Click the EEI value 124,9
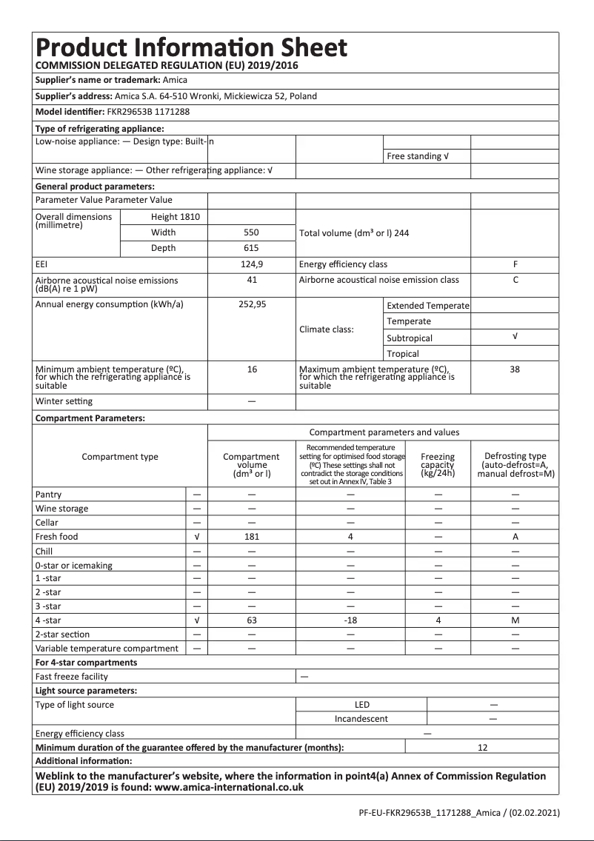click(x=252, y=264)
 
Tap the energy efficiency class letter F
click(x=515, y=264)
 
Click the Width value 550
click(x=252, y=232)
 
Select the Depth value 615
click(x=252, y=248)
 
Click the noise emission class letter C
click(x=515, y=280)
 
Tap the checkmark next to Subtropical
click(x=515, y=337)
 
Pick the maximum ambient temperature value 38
click(x=515, y=369)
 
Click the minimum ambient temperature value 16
click(x=252, y=369)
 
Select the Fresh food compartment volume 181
click(x=252, y=537)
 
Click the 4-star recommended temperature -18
click(x=350, y=620)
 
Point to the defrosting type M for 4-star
click(x=515, y=620)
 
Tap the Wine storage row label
click(x=61, y=509)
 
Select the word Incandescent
click(x=361, y=719)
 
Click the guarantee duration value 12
click(x=482, y=748)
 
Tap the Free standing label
click(x=418, y=157)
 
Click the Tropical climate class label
click(x=402, y=354)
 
